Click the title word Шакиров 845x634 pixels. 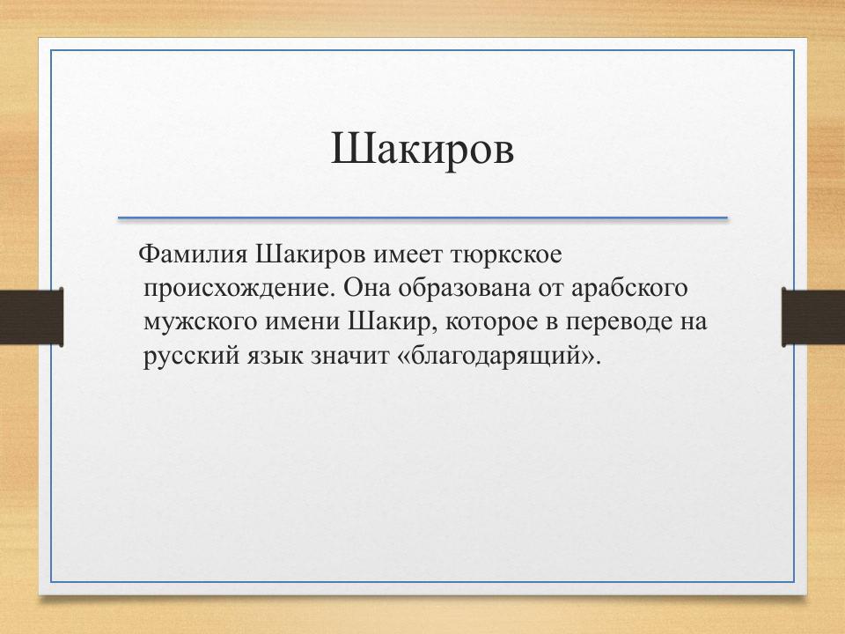click(x=422, y=149)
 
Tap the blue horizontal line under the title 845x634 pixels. click(x=422, y=217)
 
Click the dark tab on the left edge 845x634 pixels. click(x=31, y=316)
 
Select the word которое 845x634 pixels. click(x=490, y=321)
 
